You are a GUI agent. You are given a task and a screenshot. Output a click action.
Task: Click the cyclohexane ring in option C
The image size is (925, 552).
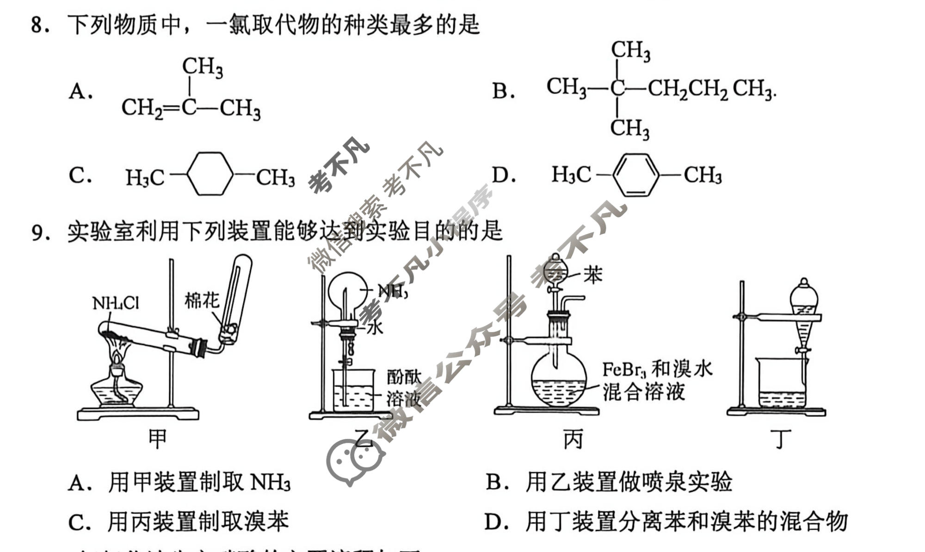210,174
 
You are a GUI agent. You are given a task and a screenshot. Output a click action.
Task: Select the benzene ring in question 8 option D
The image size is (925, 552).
635,175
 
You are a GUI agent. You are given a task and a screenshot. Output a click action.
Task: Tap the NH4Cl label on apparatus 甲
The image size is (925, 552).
115,303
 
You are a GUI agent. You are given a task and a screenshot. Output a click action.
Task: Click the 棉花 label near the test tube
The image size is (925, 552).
202,301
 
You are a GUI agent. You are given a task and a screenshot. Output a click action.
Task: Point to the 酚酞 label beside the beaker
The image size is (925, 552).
404,378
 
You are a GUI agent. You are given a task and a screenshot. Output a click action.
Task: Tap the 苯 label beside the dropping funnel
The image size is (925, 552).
592,275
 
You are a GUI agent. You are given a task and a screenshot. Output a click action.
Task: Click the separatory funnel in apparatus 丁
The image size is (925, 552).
804,315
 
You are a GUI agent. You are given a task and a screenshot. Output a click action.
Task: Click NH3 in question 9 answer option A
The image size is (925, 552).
270,483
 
